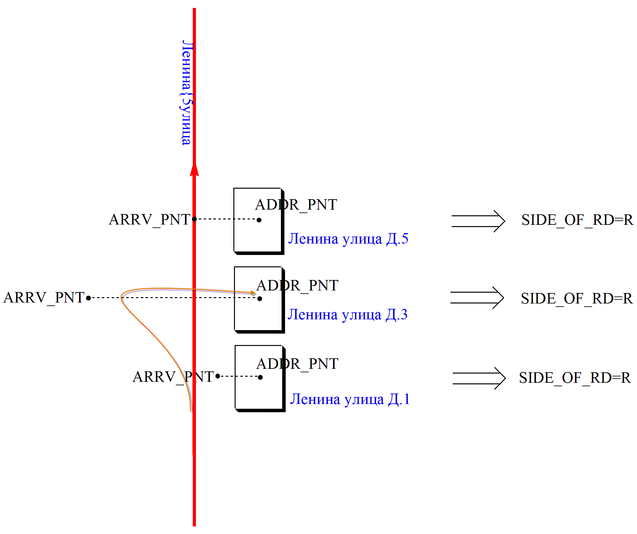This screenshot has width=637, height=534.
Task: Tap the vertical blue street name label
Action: (x=186, y=93)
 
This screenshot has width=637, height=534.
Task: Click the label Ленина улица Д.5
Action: (x=348, y=239)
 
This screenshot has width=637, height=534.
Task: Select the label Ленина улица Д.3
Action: (x=347, y=315)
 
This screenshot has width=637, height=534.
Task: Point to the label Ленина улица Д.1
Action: (x=350, y=399)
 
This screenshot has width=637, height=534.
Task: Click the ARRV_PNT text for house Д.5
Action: (x=149, y=219)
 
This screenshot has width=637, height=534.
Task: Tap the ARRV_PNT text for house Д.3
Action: (x=44, y=298)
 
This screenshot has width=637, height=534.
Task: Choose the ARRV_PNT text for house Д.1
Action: (x=173, y=377)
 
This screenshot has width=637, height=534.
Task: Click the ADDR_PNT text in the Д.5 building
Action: (x=296, y=205)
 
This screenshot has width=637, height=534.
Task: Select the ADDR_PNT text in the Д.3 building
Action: (x=297, y=285)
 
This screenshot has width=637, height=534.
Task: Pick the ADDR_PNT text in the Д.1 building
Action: (x=297, y=364)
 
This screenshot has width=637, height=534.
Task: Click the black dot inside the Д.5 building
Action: (x=259, y=220)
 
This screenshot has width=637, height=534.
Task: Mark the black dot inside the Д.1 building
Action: (x=260, y=377)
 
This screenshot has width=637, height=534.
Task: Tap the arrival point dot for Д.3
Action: (x=88, y=298)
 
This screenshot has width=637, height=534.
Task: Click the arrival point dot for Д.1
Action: (x=218, y=376)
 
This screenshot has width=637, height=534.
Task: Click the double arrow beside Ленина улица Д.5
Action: (x=478, y=221)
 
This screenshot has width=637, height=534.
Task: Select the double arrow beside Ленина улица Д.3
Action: (x=477, y=298)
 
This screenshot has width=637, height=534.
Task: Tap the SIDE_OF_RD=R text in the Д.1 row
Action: (x=575, y=378)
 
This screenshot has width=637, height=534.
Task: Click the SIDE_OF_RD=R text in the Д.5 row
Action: (x=577, y=220)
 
